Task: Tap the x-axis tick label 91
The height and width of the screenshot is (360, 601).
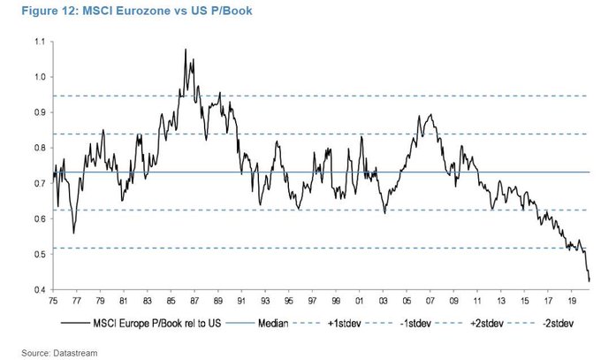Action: tap(240, 301)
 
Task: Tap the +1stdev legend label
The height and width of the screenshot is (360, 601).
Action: tap(351, 324)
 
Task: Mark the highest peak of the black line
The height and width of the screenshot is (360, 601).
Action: tap(186, 50)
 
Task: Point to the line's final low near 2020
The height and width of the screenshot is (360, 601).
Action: tap(589, 280)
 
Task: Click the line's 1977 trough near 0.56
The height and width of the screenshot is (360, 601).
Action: tap(74, 233)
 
